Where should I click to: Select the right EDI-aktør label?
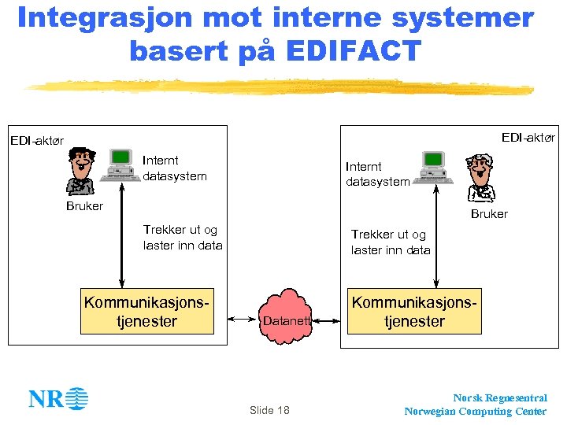[x=528, y=138]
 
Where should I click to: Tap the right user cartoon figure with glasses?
[x=481, y=179]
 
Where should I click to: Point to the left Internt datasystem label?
[x=174, y=168]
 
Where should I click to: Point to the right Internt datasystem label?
[x=377, y=174]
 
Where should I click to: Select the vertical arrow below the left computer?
[x=121, y=236]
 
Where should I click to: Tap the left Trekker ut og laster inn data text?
[x=182, y=238]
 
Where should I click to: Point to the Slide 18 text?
[x=269, y=410]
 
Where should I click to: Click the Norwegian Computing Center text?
[x=475, y=411]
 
